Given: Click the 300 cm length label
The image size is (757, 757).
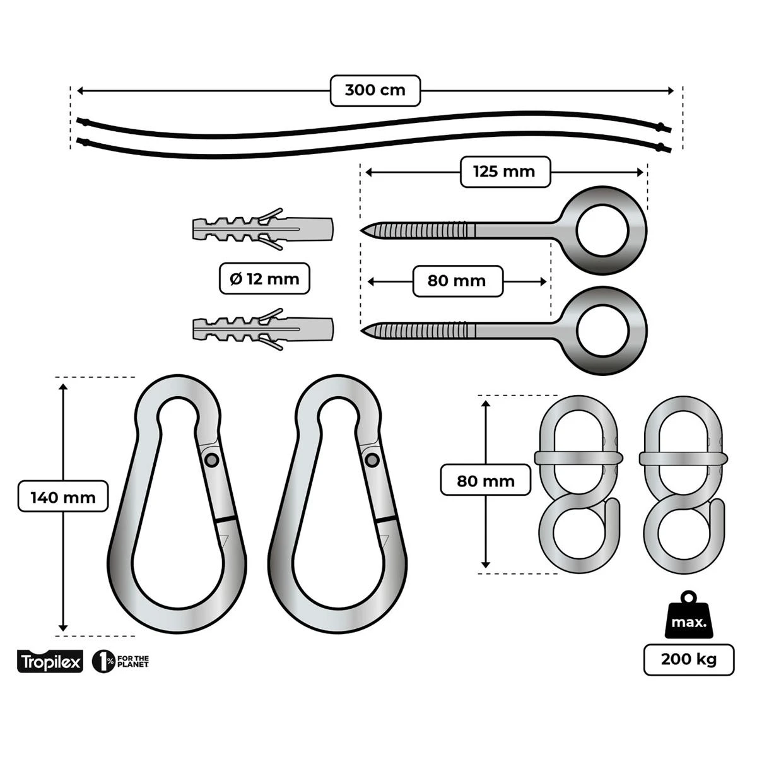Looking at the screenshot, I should click(375, 90).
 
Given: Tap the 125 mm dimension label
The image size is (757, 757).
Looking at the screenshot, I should click(504, 172).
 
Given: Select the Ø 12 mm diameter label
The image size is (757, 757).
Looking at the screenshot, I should click(265, 278).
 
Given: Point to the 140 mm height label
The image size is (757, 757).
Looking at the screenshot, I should click(63, 497).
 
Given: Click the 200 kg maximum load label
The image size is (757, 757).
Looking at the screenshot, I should click(689, 660).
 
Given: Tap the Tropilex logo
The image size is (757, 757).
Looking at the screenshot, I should click(50, 662).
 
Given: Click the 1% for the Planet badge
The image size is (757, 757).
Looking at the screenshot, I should click(120, 662).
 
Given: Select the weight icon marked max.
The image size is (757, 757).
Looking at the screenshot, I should click(689, 618).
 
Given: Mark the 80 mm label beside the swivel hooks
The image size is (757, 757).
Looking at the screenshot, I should click(486, 481).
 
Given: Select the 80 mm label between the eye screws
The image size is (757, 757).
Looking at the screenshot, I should click(457, 281).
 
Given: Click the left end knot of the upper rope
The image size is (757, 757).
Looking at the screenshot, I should click(81, 120).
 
